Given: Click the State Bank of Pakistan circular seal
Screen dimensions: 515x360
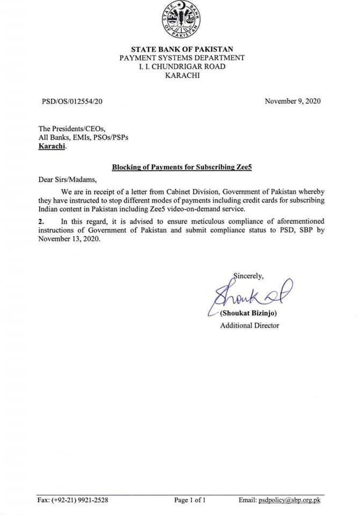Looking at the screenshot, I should click(x=181, y=21).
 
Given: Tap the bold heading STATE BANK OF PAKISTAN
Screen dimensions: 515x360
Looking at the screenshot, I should click(x=181, y=49).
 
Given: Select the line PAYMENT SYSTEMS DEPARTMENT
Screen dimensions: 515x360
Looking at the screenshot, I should click(x=181, y=57).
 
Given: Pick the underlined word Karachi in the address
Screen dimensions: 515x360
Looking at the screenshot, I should click(x=52, y=146).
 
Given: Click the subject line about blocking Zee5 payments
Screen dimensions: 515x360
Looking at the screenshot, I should click(x=181, y=167).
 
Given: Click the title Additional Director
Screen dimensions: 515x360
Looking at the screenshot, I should click(x=249, y=326).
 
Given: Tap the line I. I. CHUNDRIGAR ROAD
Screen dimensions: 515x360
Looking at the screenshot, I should click(x=181, y=67).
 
